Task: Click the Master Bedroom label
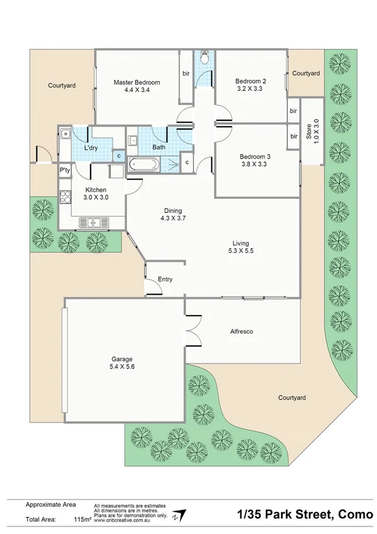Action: click(137, 82)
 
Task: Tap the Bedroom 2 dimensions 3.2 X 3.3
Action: click(250, 89)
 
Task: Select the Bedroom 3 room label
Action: click(254, 157)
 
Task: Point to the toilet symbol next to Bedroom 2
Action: click(203, 59)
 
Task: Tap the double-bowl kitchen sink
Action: click(93, 222)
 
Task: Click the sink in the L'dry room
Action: click(66, 133)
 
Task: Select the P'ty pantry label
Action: click(65, 171)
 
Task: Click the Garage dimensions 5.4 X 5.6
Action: click(123, 368)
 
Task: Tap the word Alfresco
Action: click(241, 331)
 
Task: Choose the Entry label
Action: click(165, 280)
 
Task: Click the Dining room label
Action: click(172, 210)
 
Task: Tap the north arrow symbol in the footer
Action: click(181, 514)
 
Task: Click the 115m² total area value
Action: click(82, 519)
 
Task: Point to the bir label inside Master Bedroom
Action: click(186, 74)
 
